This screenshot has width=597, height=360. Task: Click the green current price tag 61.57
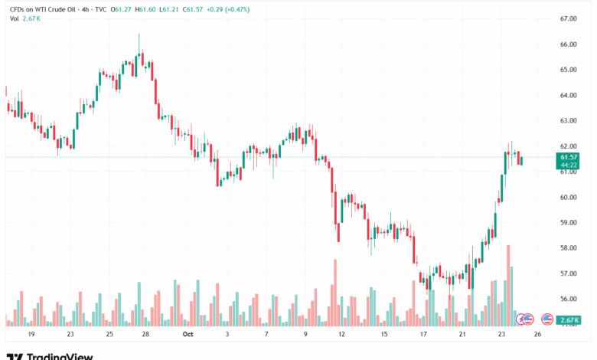[569, 157]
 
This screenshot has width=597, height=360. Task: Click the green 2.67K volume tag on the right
[569, 319]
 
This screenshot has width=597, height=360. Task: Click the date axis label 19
[31, 335]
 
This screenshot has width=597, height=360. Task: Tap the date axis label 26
[538, 335]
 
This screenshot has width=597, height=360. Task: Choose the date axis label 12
[341, 335]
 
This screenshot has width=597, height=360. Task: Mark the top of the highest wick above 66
[139, 34]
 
